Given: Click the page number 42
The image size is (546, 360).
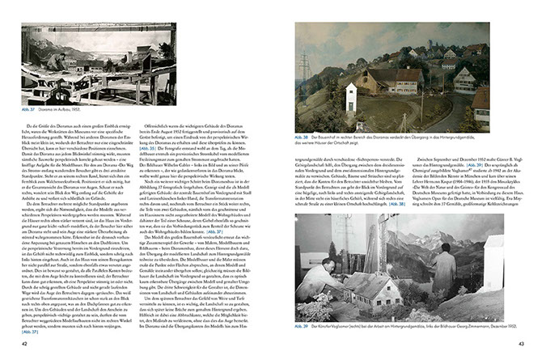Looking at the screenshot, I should (24, 345).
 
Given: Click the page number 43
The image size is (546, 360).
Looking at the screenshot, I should (522, 345).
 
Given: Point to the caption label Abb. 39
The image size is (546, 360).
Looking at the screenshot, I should (302, 326).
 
